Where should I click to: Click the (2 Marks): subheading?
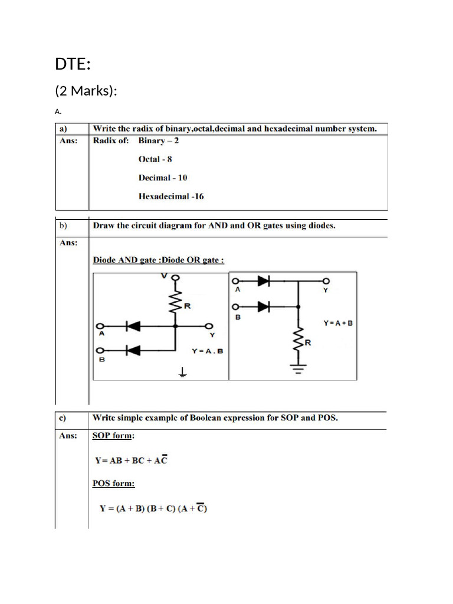click(x=86, y=91)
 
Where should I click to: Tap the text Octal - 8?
click(x=155, y=159)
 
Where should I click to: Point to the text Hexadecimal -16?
click(x=171, y=196)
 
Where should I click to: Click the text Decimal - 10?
click(x=163, y=178)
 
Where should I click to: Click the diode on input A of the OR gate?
click(x=263, y=281)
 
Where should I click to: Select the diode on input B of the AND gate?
click(x=133, y=350)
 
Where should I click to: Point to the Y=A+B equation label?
click(x=338, y=323)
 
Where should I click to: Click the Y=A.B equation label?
click(x=208, y=351)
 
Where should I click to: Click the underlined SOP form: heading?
click(x=113, y=436)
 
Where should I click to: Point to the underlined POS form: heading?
click(x=113, y=484)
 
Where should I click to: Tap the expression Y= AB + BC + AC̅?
click(x=132, y=459)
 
